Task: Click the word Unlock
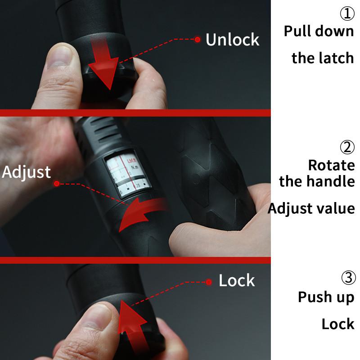[232, 40]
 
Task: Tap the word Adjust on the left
[26, 172]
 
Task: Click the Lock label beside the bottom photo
[237, 281]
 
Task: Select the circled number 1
[347, 14]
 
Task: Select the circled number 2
[347, 147]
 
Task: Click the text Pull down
[319, 31]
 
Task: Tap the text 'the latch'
[323, 58]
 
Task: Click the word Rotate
[331, 165]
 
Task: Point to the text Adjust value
[311, 208]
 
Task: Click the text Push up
[326, 297]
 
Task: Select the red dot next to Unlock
[197, 40]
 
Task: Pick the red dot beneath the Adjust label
[57, 184]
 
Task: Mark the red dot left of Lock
[209, 282]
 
